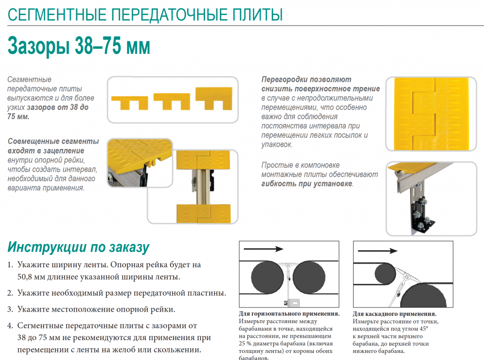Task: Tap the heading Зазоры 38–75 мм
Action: pos(79,46)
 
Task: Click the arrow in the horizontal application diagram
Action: pos(263,249)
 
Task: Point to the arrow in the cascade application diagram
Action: pos(378,251)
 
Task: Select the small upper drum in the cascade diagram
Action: pos(385,274)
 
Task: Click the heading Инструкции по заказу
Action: pos(78,247)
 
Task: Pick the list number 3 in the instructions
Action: pos(10,309)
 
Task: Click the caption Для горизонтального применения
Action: pos(289,314)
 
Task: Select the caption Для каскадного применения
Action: pos(395,314)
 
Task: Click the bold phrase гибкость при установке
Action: pos(307,184)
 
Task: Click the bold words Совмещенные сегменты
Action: pos(53,141)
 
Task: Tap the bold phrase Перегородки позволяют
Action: pos(306,79)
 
